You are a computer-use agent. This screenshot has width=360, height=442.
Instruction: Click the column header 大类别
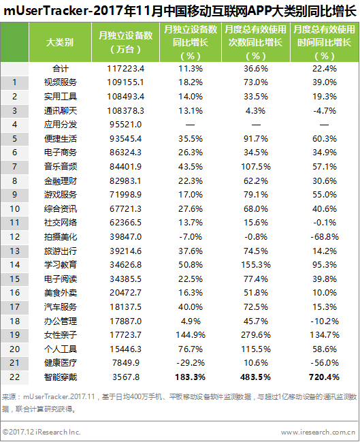tap(60, 42)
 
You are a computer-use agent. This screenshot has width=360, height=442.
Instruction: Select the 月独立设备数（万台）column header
tap(125, 42)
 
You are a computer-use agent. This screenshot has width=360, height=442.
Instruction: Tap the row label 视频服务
tap(61, 82)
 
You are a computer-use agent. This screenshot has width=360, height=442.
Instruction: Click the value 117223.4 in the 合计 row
tap(125, 69)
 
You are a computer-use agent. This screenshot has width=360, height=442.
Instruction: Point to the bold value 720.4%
tap(324, 377)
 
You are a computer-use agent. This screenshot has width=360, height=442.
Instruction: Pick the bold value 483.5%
tap(255, 377)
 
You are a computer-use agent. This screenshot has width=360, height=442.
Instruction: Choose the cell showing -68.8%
tap(325, 237)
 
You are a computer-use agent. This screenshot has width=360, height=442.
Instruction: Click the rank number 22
tap(15, 377)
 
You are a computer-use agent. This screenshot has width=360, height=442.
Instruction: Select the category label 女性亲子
tap(61, 335)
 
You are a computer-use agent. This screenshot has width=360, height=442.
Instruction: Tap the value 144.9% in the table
tap(191, 335)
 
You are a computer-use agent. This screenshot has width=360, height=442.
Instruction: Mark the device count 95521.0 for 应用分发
tap(125, 125)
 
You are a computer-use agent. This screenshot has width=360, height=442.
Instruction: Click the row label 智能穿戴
tap(61, 377)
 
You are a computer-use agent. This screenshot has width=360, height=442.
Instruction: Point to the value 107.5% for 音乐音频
tap(256, 167)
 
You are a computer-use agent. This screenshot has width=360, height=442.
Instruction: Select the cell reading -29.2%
tap(191, 363)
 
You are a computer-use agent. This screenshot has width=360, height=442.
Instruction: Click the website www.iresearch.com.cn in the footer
tap(318, 432)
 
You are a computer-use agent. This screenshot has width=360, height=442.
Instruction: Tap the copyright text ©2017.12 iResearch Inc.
tap(42, 432)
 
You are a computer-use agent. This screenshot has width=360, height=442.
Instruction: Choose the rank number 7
tap(15, 167)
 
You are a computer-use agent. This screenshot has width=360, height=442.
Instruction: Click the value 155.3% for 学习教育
tap(256, 265)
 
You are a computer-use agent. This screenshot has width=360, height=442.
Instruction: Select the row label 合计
tap(61, 69)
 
